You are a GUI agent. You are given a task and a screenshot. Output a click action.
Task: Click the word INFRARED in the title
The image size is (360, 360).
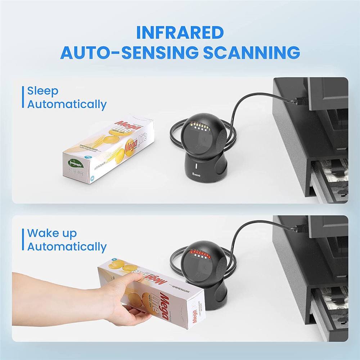click(x=180, y=33)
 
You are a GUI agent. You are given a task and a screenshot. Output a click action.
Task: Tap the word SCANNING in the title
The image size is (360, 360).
click(x=252, y=53)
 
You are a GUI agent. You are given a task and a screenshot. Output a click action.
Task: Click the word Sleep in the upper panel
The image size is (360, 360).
click(x=43, y=91)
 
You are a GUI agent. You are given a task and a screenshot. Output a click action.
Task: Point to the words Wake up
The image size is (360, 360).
click(x=52, y=233)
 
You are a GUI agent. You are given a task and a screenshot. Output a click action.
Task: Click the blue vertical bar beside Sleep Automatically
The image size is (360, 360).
click(x=23, y=97)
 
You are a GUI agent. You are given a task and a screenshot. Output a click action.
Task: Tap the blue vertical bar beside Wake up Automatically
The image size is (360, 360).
click(x=23, y=240)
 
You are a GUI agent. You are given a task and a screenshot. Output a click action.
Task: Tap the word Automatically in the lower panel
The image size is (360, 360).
click(x=67, y=247)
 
